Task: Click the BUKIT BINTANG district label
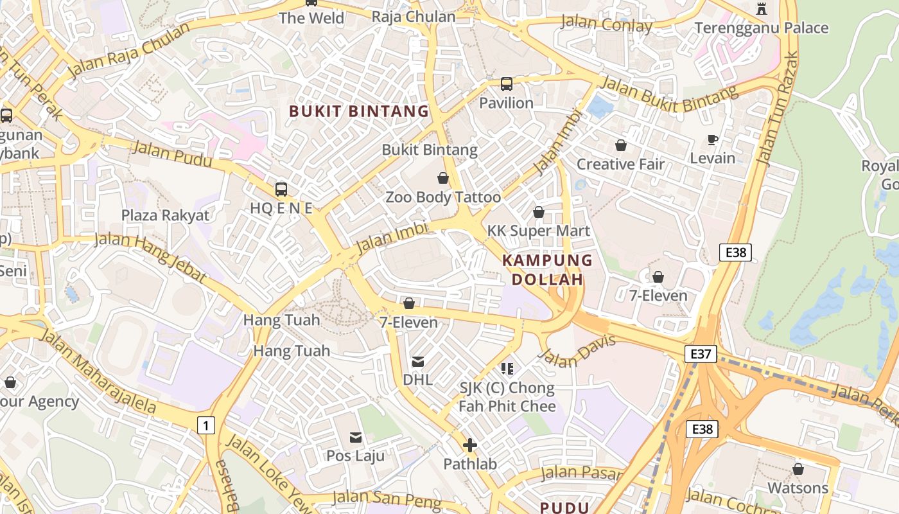[x=358, y=111]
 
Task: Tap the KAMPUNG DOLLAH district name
[x=547, y=270]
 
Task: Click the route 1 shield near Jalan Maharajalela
[x=205, y=425]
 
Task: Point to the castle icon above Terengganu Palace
[x=762, y=8]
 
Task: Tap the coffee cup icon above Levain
[x=712, y=139]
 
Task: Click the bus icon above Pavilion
[x=507, y=84]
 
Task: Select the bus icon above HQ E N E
[x=281, y=189]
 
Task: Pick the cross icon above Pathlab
[x=470, y=445]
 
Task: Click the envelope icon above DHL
[x=417, y=361]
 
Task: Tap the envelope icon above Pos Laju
[x=355, y=437]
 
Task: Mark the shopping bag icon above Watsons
[x=798, y=469]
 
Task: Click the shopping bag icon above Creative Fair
[x=620, y=145]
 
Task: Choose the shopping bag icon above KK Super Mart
[x=539, y=211]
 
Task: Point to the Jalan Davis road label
[x=580, y=350]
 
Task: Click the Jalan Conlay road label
[x=606, y=24]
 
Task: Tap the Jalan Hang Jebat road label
[x=151, y=257]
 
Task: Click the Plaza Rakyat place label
[x=166, y=215]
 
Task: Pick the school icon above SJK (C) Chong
[x=507, y=368]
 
